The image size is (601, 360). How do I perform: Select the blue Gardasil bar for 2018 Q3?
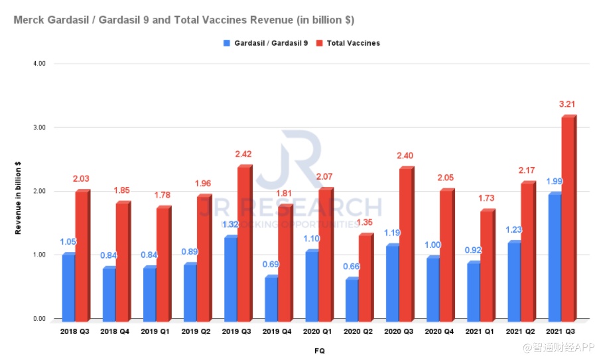(x=68, y=286)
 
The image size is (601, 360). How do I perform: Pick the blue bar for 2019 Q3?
(x=230, y=278)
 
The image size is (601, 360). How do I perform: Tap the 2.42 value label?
(x=243, y=154)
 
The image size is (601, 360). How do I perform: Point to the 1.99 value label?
(x=554, y=182)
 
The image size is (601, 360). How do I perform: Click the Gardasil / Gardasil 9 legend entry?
(x=265, y=43)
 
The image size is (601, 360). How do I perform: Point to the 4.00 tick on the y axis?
(x=38, y=64)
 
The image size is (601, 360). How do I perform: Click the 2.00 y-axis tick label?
(x=38, y=191)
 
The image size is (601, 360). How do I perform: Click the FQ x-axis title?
(x=320, y=350)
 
